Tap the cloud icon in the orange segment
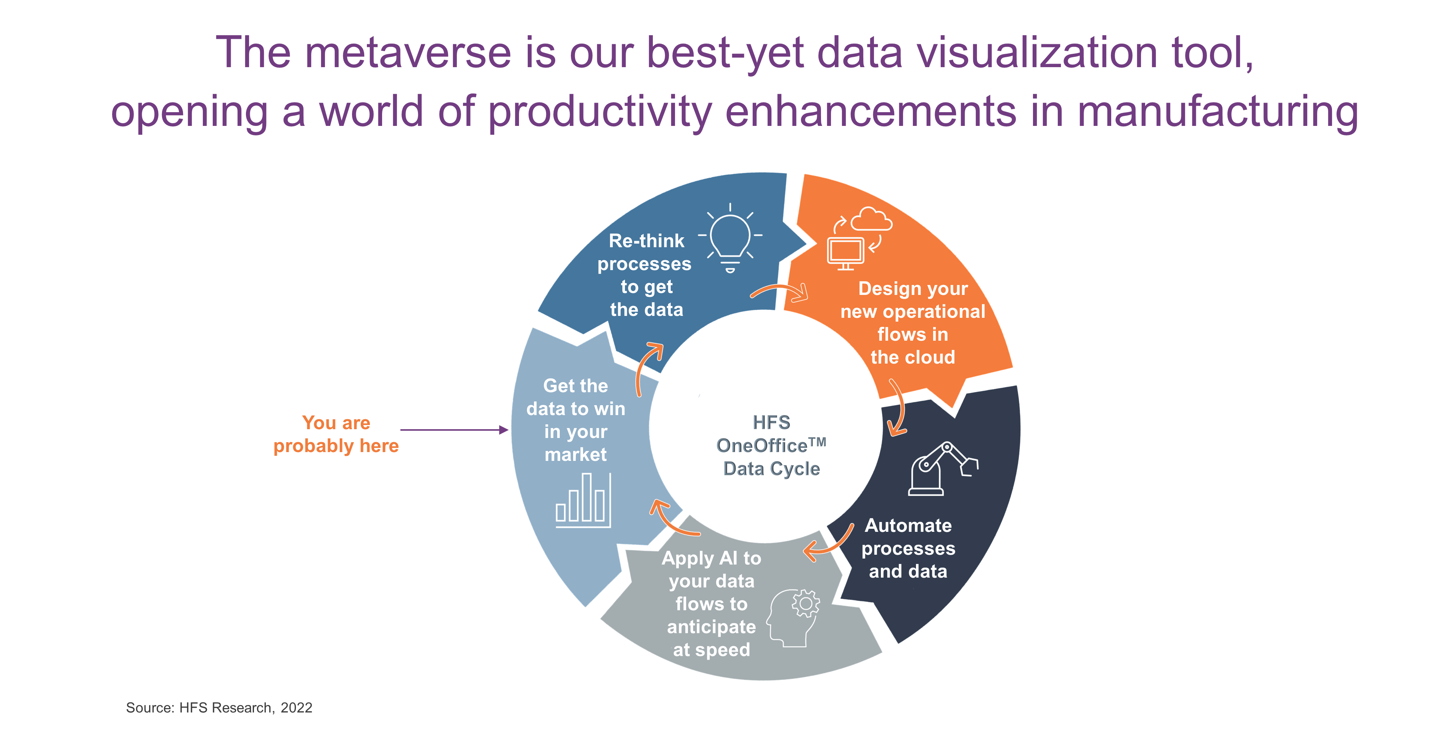pyautogui.click(x=872, y=219)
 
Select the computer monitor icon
pyautogui.click(x=845, y=253)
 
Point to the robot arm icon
pyautogui.click(x=943, y=468)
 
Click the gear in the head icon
pyautogui.click(x=805, y=604)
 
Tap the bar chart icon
pyautogui.click(x=583, y=500)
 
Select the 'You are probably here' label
pyautogui.click(x=336, y=434)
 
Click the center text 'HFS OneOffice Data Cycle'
pyautogui.click(x=771, y=446)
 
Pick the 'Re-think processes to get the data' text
pyautogui.click(x=645, y=275)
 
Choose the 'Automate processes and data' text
pyautogui.click(x=908, y=548)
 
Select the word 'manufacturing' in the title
pyautogui.click(x=1218, y=112)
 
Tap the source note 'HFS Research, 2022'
pyautogui.click(x=246, y=708)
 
